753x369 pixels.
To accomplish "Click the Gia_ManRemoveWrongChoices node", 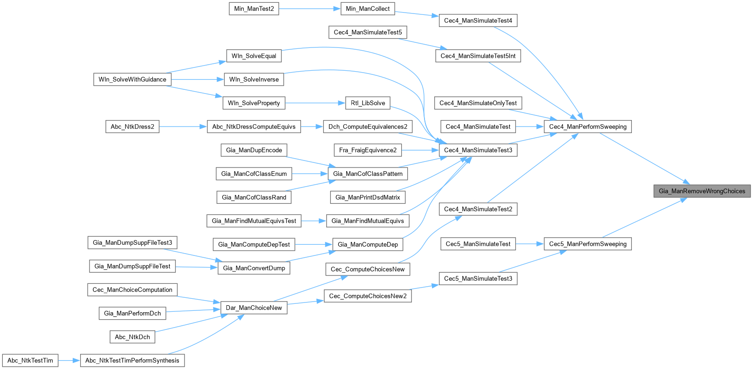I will click(x=702, y=191).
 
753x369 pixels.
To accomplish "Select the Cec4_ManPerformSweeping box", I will click(x=588, y=127).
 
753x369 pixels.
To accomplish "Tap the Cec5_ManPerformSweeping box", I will click(x=588, y=244).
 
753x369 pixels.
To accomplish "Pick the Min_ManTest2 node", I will click(x=254, y=9).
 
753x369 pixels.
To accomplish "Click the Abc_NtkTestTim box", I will click(x=30, y=361).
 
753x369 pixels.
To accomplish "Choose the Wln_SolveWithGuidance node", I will click(x=132, y=80).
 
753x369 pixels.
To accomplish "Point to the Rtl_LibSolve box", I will click(x=368, y=103).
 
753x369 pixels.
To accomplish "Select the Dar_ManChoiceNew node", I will click(x=254, y=308).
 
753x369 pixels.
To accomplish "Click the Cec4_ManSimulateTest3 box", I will click(x=478, y=150).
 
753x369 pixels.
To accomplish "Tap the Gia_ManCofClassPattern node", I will click(x=368, y=174).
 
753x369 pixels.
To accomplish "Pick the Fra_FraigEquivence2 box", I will click(x=368, y=150).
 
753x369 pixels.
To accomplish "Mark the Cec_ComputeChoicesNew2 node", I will click(x=368, y=296).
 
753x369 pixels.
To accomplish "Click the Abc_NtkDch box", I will click(x=132, y=337).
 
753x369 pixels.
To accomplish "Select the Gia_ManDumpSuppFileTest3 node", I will click(x=132, y=242).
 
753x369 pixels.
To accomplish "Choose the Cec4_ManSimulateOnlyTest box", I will click(x=478, y=103).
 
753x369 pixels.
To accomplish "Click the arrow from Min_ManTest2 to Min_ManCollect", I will click(x=310, y=9).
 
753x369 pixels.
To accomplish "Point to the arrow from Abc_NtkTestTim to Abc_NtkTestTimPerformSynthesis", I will click(x=69, y=361).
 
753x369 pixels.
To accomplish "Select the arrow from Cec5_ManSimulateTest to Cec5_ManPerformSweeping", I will click(x=530, y=244).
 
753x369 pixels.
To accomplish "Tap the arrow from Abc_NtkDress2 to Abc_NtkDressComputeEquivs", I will click(x=183, y=127).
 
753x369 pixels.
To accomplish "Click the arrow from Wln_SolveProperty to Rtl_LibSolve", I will click(x=315, y=103).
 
